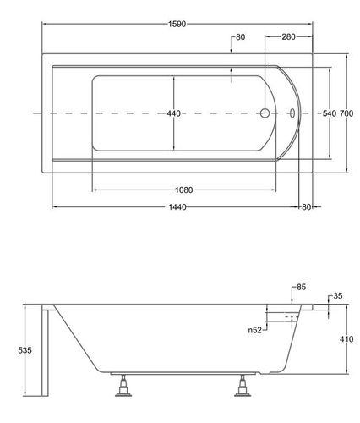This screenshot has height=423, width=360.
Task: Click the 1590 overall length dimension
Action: [x=177, y=24]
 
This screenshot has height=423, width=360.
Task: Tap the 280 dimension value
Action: [x=288, y=36]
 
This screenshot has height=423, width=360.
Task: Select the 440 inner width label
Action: [x=173, y=113]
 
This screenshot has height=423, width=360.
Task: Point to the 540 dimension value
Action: [x=330, y=113]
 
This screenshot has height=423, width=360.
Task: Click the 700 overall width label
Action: [x=346, y=113]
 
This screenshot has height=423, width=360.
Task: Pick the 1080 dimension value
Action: [x=184, y=190]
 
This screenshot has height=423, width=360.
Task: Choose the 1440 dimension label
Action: [x=177, y=207]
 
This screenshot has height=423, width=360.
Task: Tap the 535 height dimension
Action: [x=25, y=350]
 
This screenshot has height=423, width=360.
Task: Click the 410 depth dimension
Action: [x=346, y=338]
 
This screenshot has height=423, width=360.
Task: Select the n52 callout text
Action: [x=255, y=330]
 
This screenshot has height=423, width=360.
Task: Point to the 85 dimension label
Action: [x=301, y=287]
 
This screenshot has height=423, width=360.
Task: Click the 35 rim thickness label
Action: [x=338, y=296]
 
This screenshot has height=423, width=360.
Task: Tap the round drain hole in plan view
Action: [x=265, y=113]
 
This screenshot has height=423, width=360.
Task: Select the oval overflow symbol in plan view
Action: [x=292, y=113]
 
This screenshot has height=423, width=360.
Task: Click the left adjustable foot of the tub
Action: [x=123, y=386]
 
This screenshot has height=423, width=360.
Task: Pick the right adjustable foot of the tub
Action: [x=243, y=386]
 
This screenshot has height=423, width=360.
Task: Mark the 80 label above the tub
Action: [x=240, y=37]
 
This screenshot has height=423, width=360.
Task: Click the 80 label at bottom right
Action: [x=306, y=207]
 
